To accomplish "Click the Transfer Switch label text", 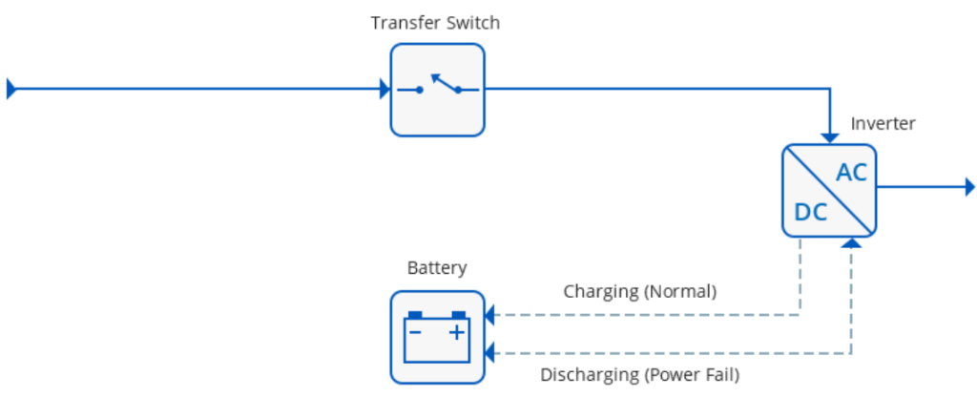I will click(x=435, y=23).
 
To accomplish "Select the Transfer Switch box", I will click(x=437, y=90).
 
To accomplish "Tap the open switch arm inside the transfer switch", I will click(x=444, y=82).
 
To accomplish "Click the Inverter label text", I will click(x=883, y=124).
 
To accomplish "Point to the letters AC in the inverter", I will click(x=851, y=173).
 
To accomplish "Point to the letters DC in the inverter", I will click(x=810, y=213).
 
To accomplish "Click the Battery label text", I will click(x=437, y=268).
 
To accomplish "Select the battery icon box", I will click(x=437, y=337).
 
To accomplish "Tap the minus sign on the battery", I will click(x=415, y=332).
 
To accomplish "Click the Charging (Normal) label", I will click(x=639, y=291).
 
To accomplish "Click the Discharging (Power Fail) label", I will click(x=639, y=375).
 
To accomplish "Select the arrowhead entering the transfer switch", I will click(x=385, y=90).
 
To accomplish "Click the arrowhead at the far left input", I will click(x=11, y=90).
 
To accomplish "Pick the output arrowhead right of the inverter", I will click(x=968, y=187).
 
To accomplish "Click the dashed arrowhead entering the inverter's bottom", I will click(x=852, y=243).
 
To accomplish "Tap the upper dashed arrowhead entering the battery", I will click(x=490, y=314).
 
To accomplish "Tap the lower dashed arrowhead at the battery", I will click(x=490, y=354).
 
